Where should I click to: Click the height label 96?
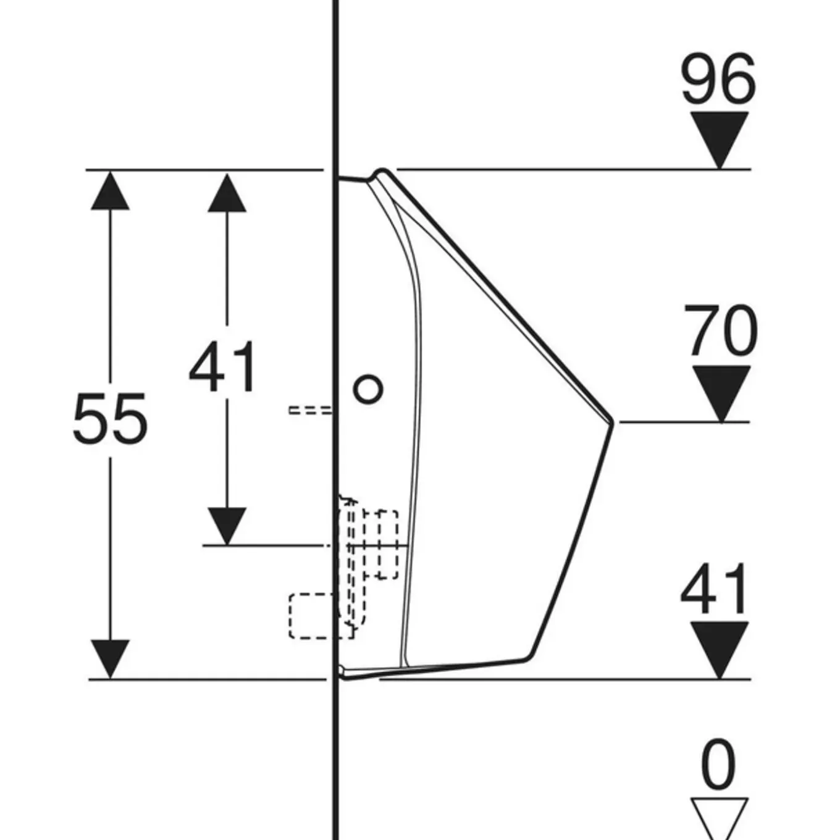(x=718, y=79)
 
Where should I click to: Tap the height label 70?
(x=721, y=330)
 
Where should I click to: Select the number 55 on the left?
(x=111, y=419)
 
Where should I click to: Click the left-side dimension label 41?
(x=223, y=366)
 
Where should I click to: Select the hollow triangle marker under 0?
(x=720, y=818)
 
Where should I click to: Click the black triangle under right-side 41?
(x=720, y=650)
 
